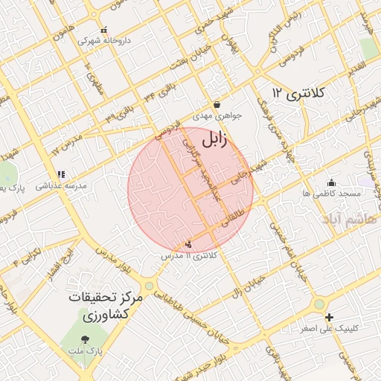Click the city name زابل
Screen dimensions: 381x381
point(214,138)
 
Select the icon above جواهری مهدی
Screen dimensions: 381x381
point(217,105)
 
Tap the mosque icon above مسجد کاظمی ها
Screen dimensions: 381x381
point(331,182)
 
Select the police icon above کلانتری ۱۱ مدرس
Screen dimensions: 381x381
point(188,244)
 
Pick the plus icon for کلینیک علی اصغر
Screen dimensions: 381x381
point(329,317)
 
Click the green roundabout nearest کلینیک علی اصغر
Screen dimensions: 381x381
point(319,304)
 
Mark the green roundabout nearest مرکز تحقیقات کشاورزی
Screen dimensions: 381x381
point(150,286)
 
